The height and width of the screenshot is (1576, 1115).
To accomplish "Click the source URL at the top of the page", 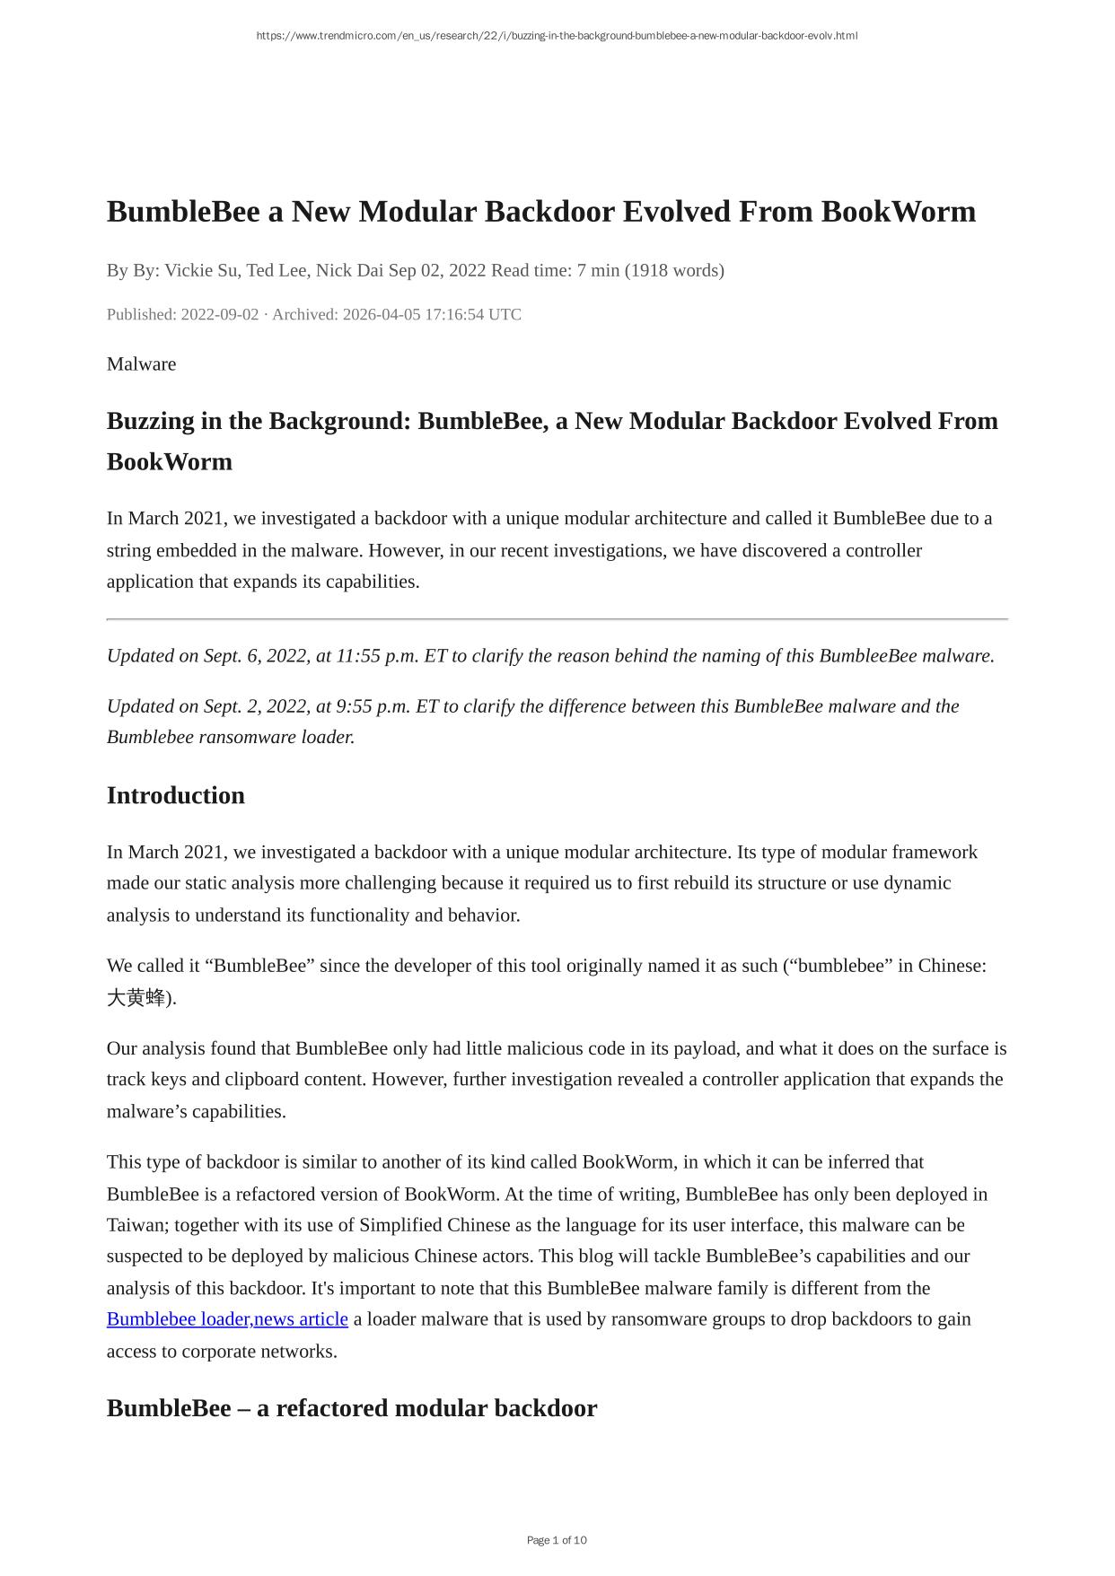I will click(557, 36).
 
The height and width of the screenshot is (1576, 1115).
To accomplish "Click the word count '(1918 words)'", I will click(674, 270).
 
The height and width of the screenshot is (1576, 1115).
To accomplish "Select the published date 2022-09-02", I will click(220, 314).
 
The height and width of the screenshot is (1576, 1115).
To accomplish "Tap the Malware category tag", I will click(141, 363).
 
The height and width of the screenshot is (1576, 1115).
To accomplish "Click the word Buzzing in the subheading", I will click(151, 421).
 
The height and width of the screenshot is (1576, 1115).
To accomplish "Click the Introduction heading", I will click(176, 795).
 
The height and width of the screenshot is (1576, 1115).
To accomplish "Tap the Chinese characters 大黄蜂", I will click(136, 997).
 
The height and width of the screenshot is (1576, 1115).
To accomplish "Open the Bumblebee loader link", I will click(179, 1319).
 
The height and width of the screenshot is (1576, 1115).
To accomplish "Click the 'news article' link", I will click(302, 1319).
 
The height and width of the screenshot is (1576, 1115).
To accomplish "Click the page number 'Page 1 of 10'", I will click(557, 1540).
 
